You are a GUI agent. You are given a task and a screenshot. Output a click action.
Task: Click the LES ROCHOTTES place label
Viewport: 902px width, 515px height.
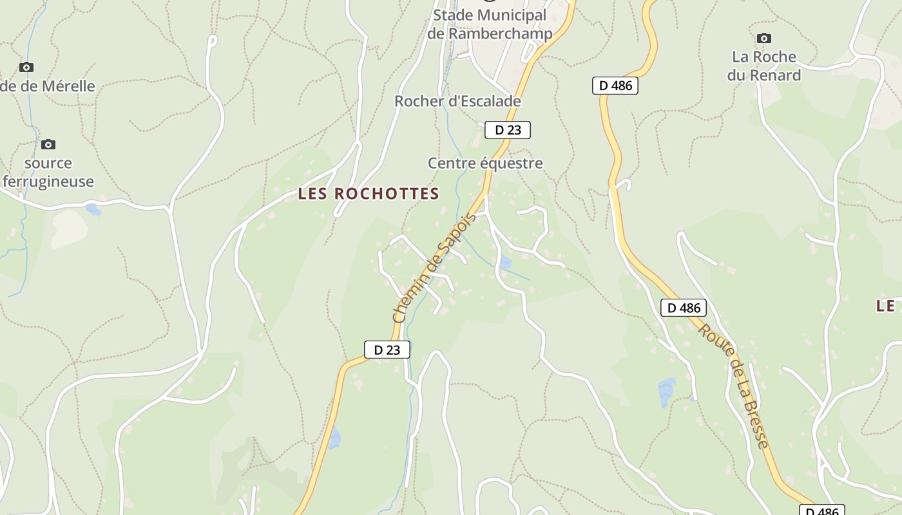(x=369, y=194)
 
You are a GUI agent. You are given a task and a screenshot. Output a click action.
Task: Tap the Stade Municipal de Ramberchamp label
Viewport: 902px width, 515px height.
(x=490, y=24)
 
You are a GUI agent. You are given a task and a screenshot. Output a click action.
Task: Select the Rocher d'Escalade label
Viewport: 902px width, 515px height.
(x=457, y=102)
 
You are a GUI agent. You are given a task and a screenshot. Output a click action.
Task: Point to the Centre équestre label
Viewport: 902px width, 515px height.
(x=485, y=164)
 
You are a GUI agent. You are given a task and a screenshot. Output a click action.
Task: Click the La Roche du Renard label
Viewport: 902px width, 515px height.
(x=764, y=66)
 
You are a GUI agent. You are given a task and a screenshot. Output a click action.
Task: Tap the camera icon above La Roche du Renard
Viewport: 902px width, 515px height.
(x=764, y=39)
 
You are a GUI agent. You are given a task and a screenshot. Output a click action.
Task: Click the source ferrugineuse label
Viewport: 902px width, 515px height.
(x=48, y=173)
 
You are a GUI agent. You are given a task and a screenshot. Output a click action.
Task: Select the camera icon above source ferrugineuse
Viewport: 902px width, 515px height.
(x=48, y=144)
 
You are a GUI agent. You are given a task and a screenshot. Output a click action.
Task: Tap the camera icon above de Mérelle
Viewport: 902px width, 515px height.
(x=26, y=67)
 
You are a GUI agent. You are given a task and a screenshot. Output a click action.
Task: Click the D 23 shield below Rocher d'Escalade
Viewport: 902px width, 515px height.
(x=508, y=130)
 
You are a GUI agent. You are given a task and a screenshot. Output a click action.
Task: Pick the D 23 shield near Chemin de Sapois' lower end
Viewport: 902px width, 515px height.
(x=387, y=350)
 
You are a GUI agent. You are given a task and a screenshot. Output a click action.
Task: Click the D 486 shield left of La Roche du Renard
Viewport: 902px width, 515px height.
(x=615, y=86)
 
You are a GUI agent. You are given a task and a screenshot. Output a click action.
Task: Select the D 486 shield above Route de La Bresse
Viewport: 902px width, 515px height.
(x=684, y=308)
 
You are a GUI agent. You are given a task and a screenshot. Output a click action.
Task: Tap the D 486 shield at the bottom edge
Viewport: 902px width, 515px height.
(x=822, y=510)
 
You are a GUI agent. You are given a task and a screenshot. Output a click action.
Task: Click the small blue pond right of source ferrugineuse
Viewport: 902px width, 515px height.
(x=93, y=209)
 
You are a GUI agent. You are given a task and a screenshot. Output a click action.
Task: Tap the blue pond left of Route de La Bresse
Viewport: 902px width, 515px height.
(x=666, y=392)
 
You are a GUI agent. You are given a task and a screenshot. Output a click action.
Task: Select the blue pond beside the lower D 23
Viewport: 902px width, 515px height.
(x=334, y=438)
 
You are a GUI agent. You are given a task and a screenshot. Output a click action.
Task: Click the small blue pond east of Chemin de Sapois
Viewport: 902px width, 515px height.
(x=506, y=262)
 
